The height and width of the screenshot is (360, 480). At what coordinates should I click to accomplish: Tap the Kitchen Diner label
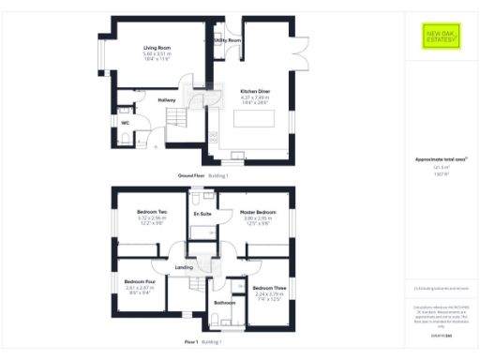click(255, 91)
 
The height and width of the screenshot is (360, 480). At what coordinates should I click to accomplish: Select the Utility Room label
click(228, 41)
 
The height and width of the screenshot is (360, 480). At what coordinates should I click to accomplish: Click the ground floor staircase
click(176, 118)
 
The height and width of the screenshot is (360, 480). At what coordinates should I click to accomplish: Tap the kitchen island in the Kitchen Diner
click(256, 120)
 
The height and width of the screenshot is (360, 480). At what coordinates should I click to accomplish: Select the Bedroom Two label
click(152, 211)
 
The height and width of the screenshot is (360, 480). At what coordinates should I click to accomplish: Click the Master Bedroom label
click(257, 211)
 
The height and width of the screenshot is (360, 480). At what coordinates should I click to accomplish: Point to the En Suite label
click(202, 215)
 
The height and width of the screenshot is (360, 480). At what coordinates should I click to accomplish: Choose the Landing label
click(185, 268)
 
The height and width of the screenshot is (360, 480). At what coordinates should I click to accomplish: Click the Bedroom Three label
click(269, 287)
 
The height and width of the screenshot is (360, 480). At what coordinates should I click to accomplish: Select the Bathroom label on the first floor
click(224, 303)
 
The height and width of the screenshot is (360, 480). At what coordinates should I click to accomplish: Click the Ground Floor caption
click(191, 175)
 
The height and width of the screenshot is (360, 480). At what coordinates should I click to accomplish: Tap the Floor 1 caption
click(190, 342)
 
